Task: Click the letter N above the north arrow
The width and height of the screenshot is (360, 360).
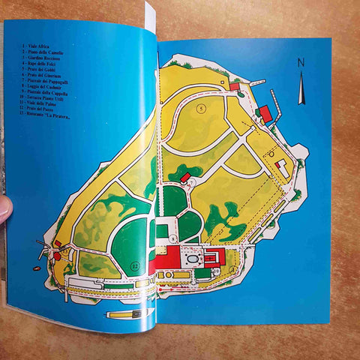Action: (301, 63)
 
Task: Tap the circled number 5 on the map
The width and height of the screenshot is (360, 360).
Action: (201, 108)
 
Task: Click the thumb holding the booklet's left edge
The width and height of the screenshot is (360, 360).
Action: (4, 209)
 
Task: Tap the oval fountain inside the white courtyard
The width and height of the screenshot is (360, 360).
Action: (195, 259)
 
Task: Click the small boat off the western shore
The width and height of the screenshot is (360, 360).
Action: (42, 255)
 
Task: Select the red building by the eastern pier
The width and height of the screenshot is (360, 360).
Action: (265, 113)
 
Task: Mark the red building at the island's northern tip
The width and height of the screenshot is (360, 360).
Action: (234, 87)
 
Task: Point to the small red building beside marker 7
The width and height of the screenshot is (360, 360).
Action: (185, 177)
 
